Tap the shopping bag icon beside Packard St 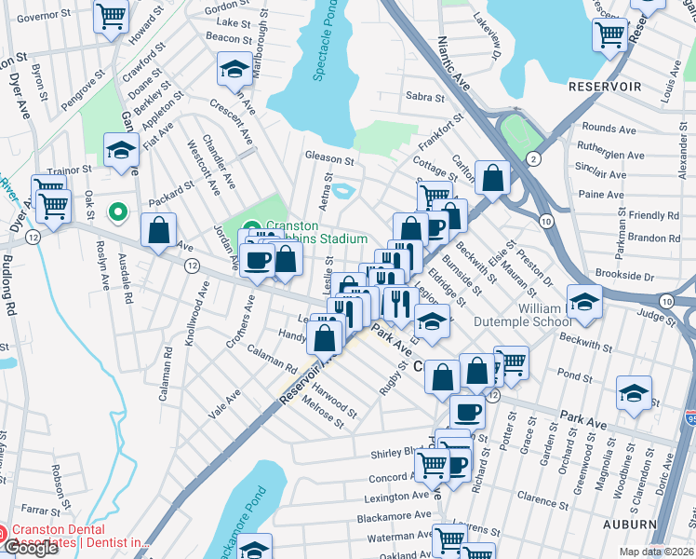(159, 230)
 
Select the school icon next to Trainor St (121, 150)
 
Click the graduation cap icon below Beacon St (234, 69)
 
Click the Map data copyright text (657, 552)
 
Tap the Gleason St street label (328, 156)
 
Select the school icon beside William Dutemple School (584, 301)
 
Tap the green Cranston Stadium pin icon (253, 229)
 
